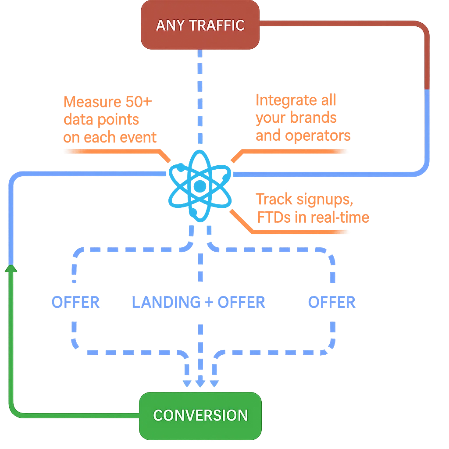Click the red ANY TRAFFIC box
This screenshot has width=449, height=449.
(200, 25)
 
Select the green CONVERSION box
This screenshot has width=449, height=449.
(200, 415)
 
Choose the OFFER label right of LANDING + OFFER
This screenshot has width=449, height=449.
(332, 303)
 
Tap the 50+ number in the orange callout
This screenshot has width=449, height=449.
(138, 102)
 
